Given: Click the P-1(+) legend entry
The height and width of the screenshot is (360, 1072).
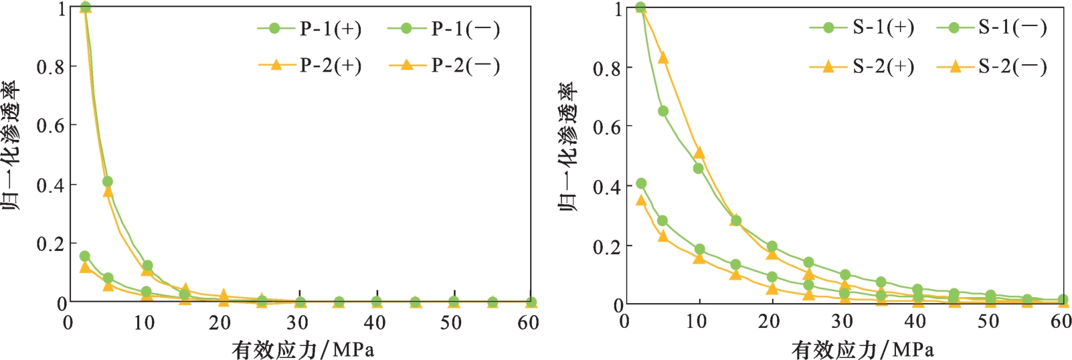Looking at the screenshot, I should pyautogui.click(x=310, y=29).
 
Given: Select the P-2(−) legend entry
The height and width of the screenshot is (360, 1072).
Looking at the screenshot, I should pyautogui.click(x=444, y=66).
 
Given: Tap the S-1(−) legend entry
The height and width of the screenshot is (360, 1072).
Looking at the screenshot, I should pyautogui.click(x=992, y=27).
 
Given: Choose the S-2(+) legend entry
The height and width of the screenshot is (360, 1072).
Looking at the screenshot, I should pyautogui.click(x=862, y=66).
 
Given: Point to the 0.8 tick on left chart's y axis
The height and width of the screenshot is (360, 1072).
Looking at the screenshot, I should pyautogui.click(x=51, y=67).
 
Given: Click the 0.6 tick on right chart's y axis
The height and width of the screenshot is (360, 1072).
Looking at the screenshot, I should pyautogui.click(x=608, y=126).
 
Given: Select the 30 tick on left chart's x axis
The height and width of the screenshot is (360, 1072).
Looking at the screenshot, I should pyautogui.click(x=297, y=323).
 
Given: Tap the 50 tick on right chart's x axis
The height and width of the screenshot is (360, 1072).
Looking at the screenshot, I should pyautogui.click(x=988, y=321).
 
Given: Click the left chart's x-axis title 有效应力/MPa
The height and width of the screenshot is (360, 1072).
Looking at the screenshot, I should pyautogui.click(x=302, y=348).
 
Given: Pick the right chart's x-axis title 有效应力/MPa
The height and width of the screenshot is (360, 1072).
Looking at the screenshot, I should pyautogui.click(x=863, y=348).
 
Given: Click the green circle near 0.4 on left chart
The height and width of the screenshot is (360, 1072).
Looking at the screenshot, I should pyautogui.click(x=107, y=181).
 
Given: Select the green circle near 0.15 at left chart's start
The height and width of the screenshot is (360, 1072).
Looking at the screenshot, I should pyautogui.click(x=84, y=256).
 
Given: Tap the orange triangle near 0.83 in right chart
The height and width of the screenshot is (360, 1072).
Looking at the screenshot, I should pyautogui.click(x=663, y=58).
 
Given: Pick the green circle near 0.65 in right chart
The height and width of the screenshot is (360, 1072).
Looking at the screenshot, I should pyautogui.click(x=663, y=111).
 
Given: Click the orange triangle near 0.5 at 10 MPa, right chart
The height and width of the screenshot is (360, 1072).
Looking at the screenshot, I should pyautogui.click(x=699, y=153).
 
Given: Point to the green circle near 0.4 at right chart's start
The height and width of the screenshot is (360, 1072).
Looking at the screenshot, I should pyautogui.click(x=641, y=183).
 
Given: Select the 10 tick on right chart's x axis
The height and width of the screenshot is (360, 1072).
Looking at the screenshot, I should pyautogui.click(x=697, y=321).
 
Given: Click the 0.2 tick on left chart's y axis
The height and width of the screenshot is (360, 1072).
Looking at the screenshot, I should pyautogui.click(x=51, y=244).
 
